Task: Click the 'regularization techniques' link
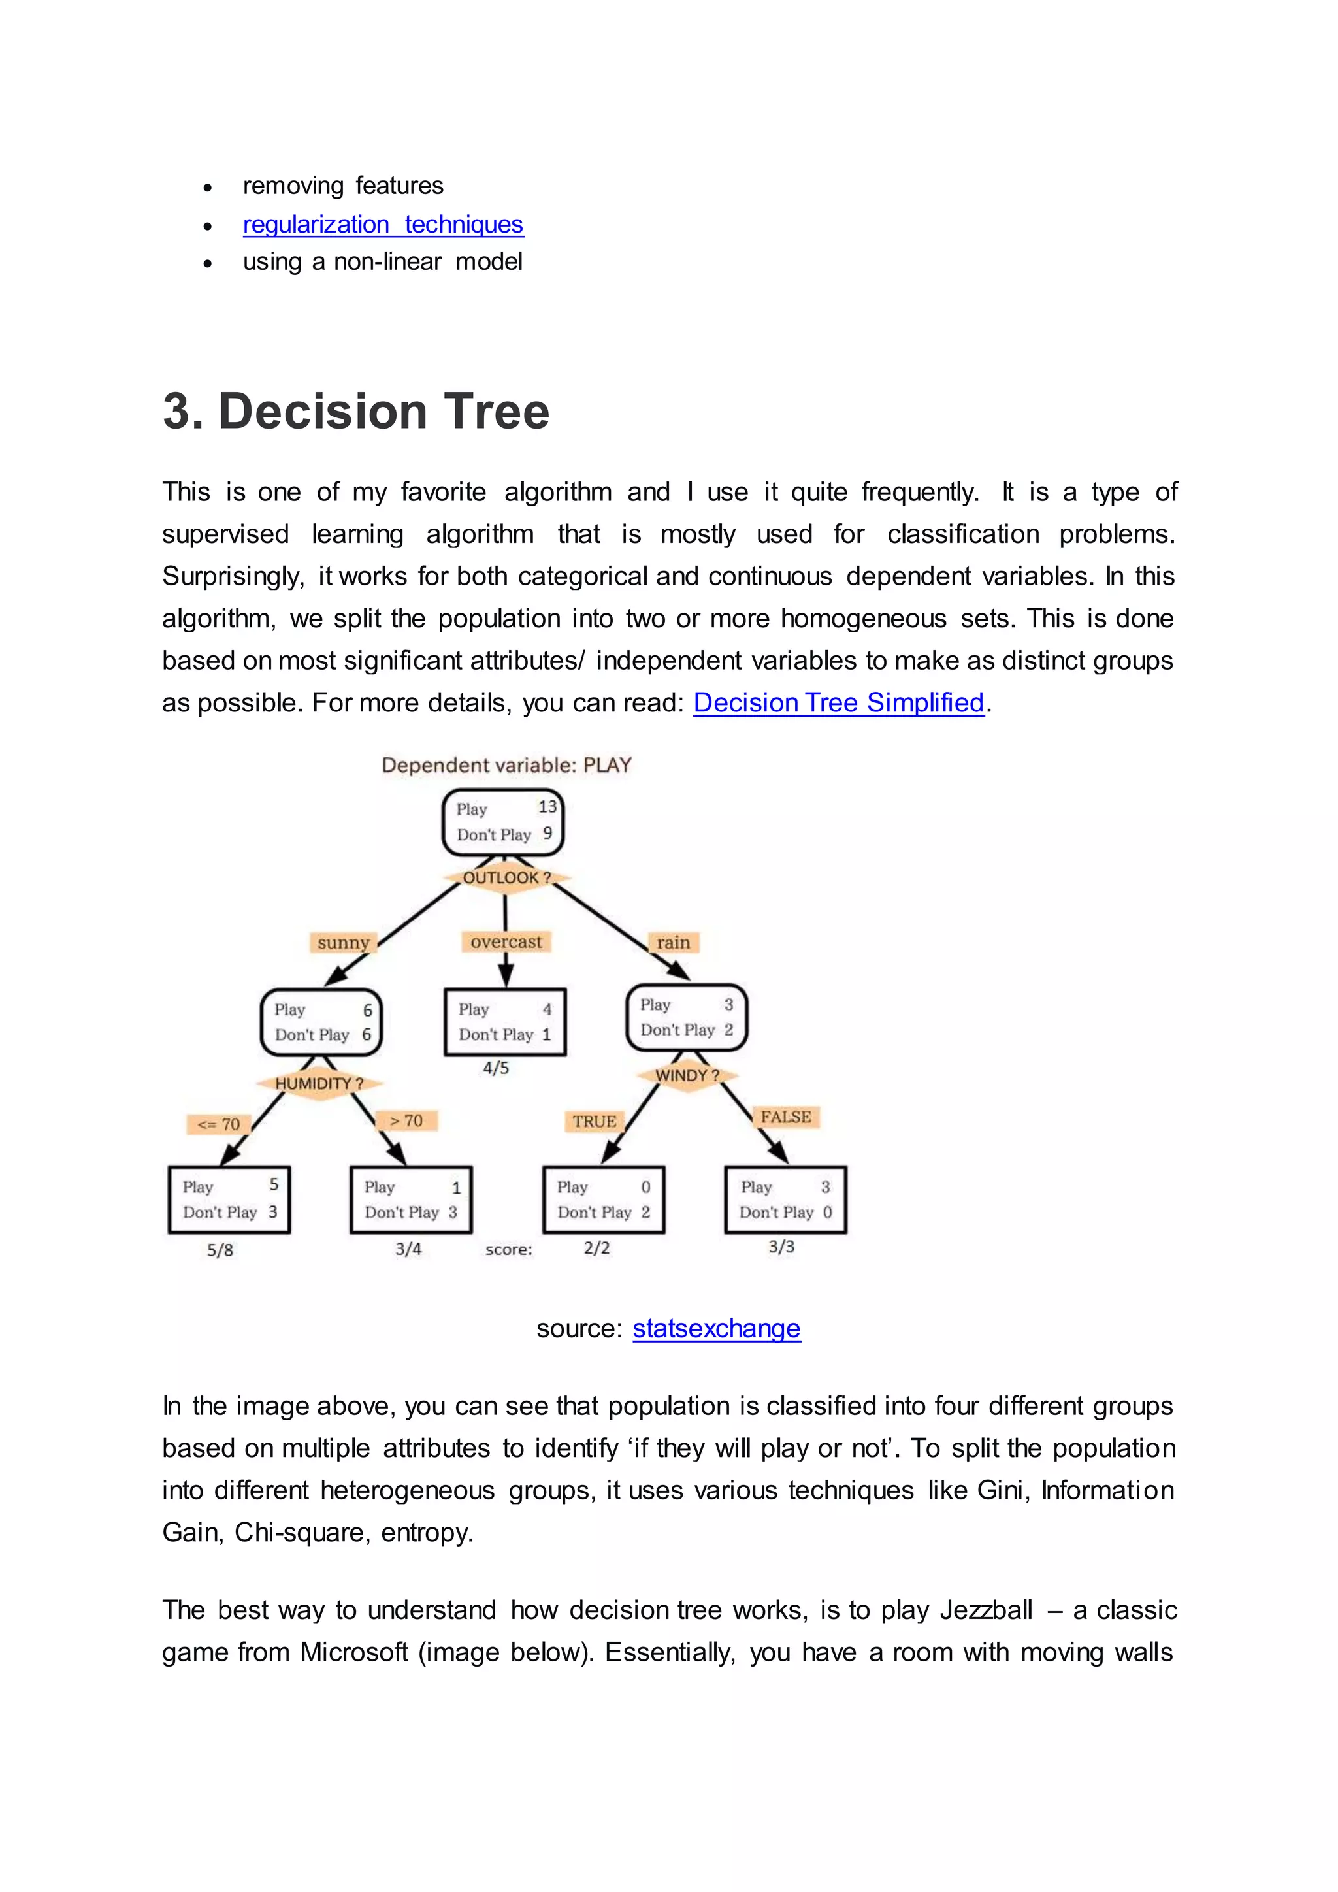tap(383, 224)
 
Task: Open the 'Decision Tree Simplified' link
tap(839, 703)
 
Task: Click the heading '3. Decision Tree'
tap(356, 410)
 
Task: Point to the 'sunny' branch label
tap(343, 943)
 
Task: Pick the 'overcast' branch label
tap(506, 942)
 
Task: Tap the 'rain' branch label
tap(673, 943)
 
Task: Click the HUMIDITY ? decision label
tap(319, 1084)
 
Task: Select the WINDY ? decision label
tap(687, 1075)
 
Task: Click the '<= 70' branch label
tap(218, 1124)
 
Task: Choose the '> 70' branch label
tap(406, 1120)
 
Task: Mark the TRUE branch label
tap(594, 1122)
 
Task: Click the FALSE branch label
tap(785, 1117)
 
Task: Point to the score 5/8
tap(220, 1250)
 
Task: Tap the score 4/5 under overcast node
tap(496, 1068)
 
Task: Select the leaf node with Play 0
tap(603, 1199)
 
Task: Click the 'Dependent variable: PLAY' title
tap(506, 765)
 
